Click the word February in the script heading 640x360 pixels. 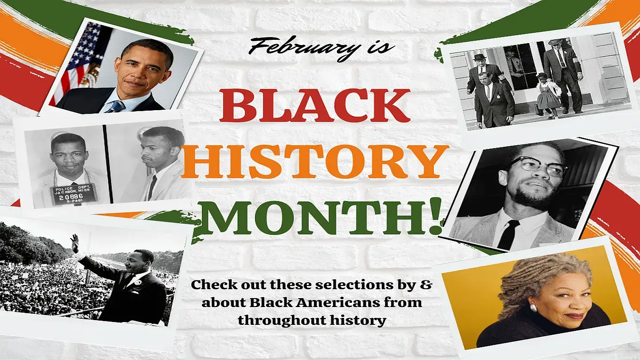pos(299,47)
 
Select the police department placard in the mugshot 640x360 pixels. pos(74,193)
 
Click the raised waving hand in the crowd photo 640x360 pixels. pos(74,243)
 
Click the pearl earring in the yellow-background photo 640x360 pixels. pos(532,307)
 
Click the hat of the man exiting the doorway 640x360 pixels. pos(556,42)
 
